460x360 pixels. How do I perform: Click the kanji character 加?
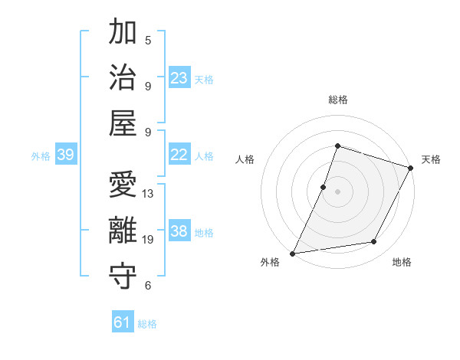tap(123, 34)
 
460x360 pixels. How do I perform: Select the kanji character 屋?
tap(123, 123)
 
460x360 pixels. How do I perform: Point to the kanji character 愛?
tap(123, 186)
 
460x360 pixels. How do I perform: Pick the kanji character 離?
tap(123, 231)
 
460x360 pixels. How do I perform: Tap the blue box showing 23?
tap(179, 78)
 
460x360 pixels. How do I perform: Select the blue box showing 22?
tap(179, 155)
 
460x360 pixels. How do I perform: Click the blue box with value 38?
tap(179, 231)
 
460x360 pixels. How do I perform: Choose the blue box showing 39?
tap(65, 155)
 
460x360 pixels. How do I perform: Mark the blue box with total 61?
tap(123, 322)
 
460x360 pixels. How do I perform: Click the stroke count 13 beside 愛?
tap(148, 194)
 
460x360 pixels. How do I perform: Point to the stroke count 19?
tap(148, 240)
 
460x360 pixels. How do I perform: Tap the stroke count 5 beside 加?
tap(148, 41)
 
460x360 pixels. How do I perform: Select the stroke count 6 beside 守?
tap(148, 286)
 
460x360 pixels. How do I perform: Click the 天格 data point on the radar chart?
tap(412, 169)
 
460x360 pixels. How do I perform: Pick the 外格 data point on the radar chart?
tap(293, 253)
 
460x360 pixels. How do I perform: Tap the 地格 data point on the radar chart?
tap(374, 242)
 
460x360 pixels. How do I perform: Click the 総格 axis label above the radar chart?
tap(337, 100)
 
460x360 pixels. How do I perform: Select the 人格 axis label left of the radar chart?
tap(245, 159)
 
